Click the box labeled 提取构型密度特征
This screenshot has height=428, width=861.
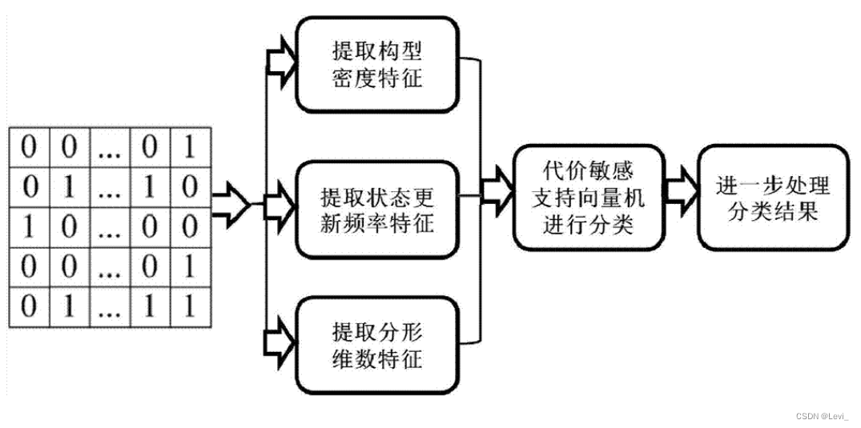[376, 65]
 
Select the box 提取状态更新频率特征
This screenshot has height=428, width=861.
[376, 210]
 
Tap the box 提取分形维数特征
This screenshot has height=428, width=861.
[376, 345]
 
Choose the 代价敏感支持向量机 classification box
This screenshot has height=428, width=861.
[589, 196]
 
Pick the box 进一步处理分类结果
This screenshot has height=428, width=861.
[773, 196]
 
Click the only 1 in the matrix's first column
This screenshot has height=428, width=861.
[30, 226]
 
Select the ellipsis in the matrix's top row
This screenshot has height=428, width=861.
[109, 150]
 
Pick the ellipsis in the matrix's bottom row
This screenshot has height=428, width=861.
[109, 306]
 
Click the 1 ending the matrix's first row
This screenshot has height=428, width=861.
[188, 148]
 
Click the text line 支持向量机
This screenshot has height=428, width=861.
[589, 197]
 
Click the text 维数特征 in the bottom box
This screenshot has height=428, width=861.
[376, 358]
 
